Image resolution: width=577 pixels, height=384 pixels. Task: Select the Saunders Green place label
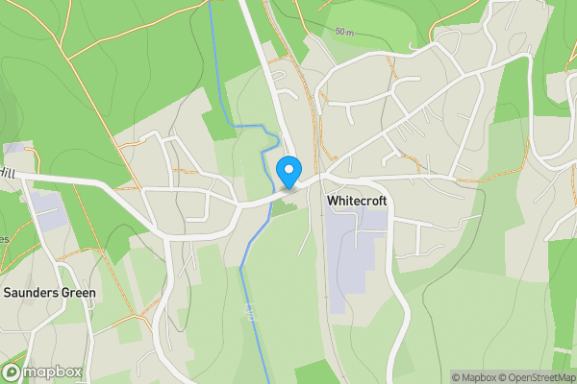50,293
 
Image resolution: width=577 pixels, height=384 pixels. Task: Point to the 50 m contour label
345,32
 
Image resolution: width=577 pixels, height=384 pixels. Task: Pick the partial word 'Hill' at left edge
9,173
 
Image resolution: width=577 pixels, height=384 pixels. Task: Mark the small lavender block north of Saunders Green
46,205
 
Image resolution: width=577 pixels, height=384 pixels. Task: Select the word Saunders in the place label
31,293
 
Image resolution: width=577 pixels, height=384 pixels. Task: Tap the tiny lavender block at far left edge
15,148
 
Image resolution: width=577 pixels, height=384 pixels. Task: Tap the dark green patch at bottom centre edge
317,374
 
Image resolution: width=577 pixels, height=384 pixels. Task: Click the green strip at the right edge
563,288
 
